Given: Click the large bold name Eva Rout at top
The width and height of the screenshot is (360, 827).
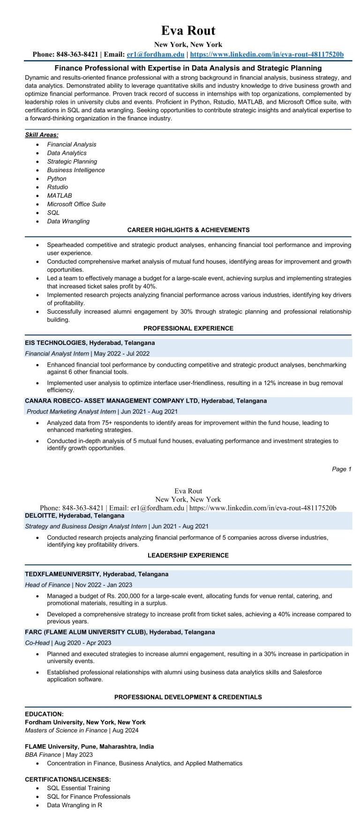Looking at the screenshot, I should (188, 31).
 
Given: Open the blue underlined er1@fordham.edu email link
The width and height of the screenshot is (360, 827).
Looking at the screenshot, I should (156, 54).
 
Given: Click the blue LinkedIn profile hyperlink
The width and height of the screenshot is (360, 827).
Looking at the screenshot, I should (267, 54).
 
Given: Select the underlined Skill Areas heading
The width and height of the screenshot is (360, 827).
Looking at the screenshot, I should (42, 135).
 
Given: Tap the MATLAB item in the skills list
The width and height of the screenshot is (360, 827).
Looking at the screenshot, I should (60, 195).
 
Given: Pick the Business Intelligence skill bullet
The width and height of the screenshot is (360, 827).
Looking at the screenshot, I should (76, 170).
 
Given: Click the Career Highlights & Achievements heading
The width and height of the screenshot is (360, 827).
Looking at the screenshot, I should (188, 230).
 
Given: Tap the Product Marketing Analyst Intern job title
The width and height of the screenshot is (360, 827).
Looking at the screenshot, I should (71, 411).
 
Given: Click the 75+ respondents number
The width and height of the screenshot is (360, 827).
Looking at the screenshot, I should (102, 423).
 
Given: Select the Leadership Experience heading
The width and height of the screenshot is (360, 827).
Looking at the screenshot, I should (188, 555).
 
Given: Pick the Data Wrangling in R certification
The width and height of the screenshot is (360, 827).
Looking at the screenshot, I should (75, 805).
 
